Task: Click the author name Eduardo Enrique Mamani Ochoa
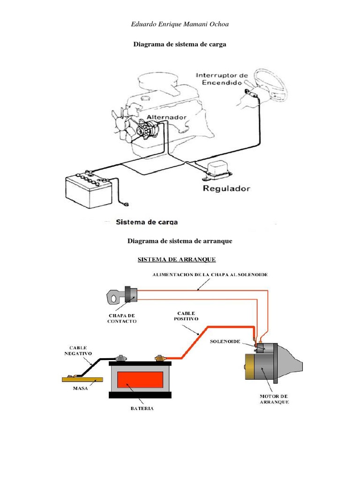point(180,24)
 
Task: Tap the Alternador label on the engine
point(166,117)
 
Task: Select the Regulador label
point(226,188)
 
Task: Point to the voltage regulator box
point(218,171)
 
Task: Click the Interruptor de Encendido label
point(222,79)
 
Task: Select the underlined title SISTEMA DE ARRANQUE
point(177,260)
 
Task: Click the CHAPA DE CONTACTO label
point(122,318)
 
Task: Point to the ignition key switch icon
point(122,295)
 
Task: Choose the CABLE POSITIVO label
point(186,316)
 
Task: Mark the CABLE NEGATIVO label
point(78,351)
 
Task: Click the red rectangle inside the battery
point(140,380)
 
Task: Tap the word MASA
point(80,388)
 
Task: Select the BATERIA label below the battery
point(142,408)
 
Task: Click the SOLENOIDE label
point(225,341)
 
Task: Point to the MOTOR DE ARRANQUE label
point(274,399)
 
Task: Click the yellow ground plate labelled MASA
point(82,379)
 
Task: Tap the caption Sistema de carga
point(147,222)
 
